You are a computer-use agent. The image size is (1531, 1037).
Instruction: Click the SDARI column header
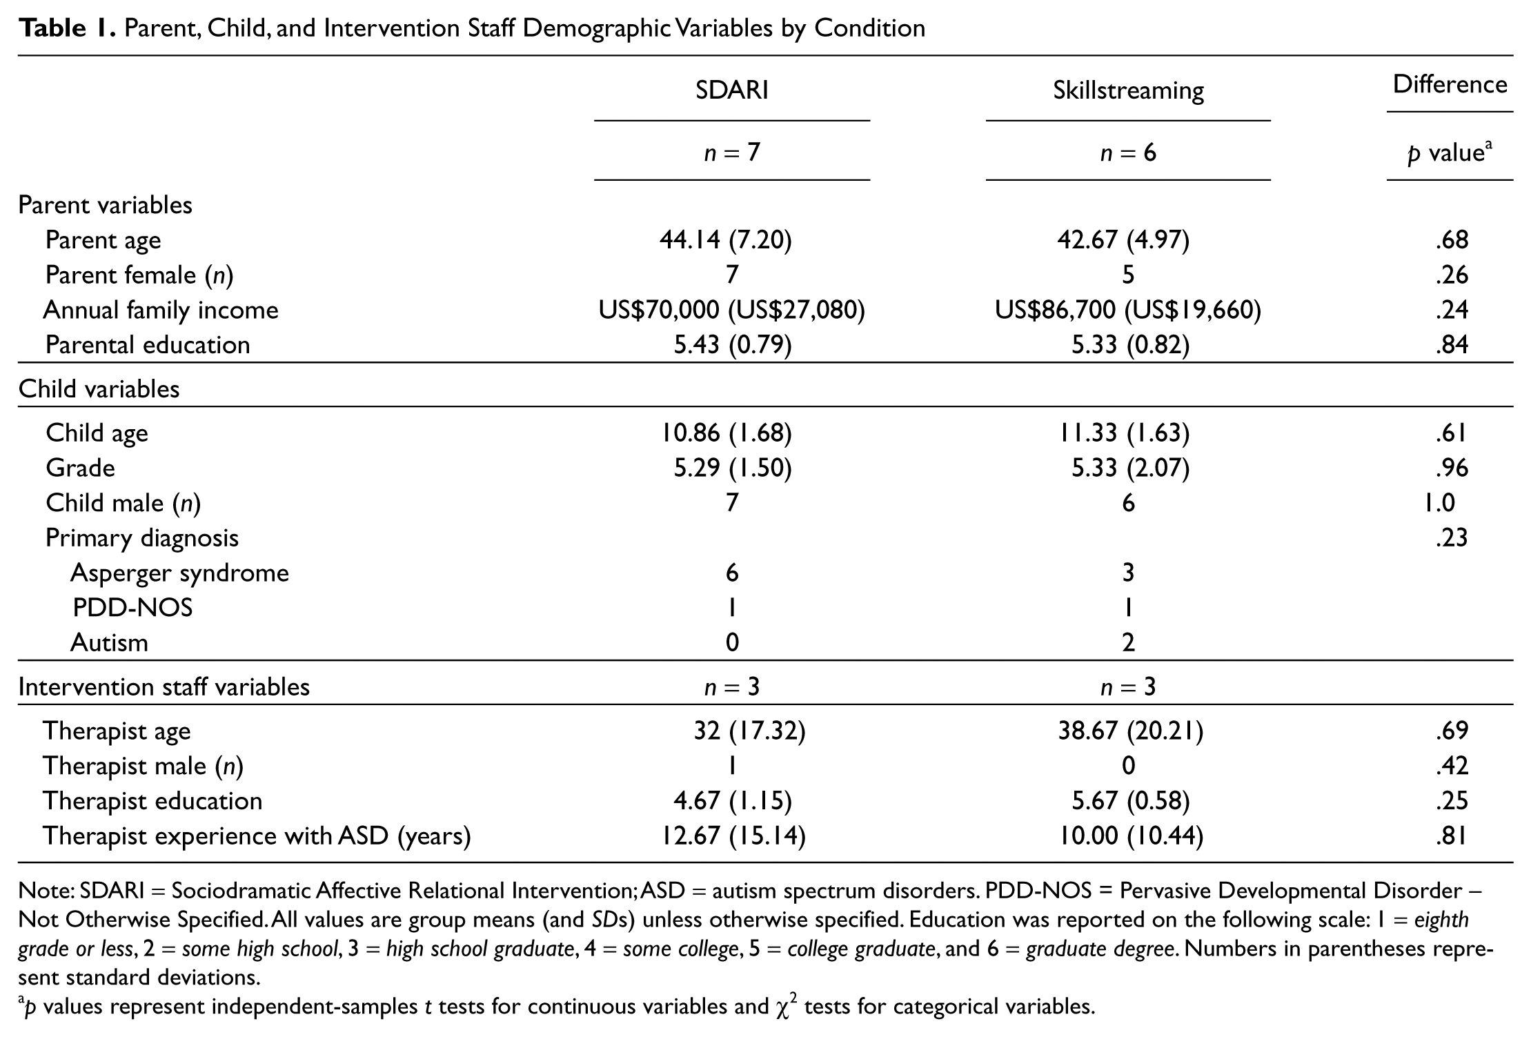coord(731,90)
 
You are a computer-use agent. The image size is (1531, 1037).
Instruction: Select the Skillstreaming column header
coord(1128,91)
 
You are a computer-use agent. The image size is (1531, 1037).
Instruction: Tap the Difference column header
coord(1450,84)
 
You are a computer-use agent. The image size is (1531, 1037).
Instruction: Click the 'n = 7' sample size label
coord(731,152)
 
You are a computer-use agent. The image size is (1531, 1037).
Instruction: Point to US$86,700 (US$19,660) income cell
coord(1128,310)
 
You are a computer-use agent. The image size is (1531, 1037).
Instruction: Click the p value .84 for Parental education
coord(1452,345)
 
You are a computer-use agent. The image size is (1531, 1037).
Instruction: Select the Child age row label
coord(97,433)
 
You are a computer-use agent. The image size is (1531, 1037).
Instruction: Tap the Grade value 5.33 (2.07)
coord(1130,468)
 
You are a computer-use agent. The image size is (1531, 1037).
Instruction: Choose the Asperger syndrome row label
coord(179,573)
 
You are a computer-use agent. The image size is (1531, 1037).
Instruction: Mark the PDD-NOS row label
coord(132,608)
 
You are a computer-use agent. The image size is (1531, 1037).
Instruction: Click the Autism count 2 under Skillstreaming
coord(1128,643)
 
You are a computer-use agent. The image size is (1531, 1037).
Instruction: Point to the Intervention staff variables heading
coord(164,687)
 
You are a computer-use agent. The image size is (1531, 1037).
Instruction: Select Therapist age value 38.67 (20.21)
coord(1131,731)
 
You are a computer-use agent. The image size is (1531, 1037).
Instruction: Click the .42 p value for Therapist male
coord(1452,766)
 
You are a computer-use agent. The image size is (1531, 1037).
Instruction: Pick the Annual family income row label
coord(161,310)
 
